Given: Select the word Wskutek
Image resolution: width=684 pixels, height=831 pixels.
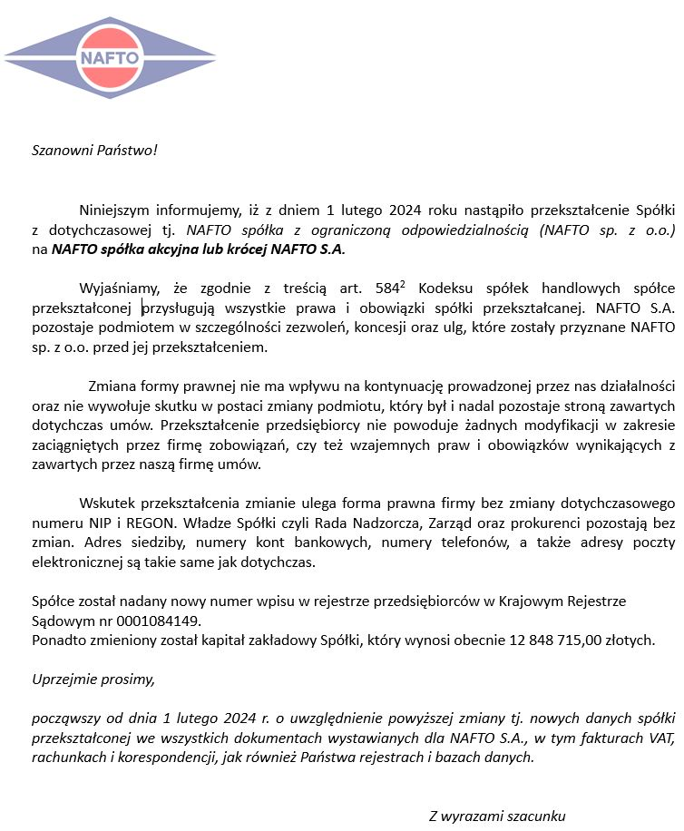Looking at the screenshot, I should (x=105, y=503).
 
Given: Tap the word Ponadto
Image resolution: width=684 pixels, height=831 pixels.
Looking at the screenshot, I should (x=59, y=640).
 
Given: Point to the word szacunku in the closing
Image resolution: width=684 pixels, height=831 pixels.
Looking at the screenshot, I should (x=534, y=816).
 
